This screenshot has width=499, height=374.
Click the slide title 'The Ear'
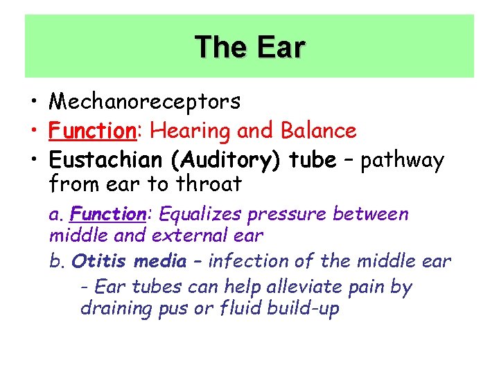249,47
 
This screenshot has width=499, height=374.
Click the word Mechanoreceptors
145,102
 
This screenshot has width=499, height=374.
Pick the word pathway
403,161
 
